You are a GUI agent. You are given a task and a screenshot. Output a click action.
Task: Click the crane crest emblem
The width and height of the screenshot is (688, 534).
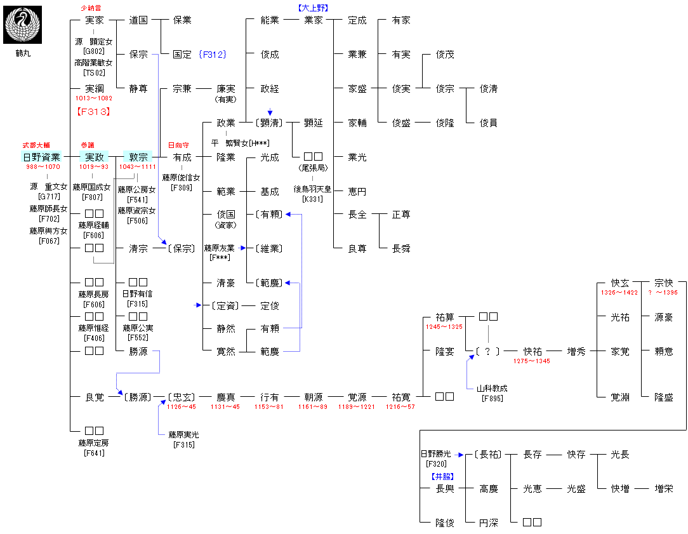click(23, 24)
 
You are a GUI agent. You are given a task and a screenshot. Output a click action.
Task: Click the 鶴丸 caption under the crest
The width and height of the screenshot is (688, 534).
click(23, 53)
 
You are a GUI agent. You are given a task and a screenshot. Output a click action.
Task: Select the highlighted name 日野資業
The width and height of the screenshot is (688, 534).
click(42, 157)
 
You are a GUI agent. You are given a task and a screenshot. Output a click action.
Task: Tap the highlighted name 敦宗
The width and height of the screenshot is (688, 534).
click(138, 157)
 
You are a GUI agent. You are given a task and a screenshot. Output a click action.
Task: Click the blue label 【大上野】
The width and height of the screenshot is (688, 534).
click(313, 8)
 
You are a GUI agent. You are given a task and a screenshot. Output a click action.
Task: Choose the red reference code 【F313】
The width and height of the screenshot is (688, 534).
click(93, 112)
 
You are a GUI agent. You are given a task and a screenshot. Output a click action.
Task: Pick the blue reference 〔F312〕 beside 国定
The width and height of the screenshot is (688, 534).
click(212, 55)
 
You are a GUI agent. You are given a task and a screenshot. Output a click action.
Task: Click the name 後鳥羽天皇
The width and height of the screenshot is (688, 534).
click(312, 189)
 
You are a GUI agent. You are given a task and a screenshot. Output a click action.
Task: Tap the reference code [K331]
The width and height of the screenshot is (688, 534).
click(312, 199)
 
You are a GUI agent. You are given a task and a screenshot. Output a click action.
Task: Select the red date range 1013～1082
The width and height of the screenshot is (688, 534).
click(93, 99)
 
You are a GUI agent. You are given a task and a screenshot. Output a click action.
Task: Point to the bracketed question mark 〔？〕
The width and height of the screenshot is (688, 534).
click(487, 351)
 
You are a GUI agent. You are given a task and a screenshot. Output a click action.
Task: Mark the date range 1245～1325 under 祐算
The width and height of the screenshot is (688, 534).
click(444, 327)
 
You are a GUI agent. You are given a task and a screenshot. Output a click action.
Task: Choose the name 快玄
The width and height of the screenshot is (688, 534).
click(620, 283)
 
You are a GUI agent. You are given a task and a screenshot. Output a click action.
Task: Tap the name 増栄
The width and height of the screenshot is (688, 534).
click(664, 489)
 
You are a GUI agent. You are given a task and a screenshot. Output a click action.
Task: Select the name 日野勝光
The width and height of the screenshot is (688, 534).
click(435, 454)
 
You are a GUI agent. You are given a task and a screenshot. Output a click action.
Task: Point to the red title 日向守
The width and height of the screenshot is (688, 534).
click(178, 145)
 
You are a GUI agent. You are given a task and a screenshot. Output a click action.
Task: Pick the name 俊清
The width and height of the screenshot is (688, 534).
click(489, 89)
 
